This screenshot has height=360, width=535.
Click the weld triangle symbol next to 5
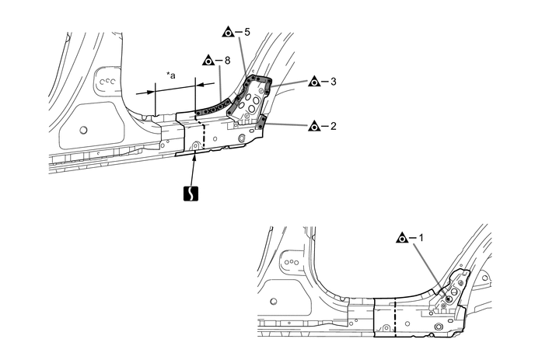(228, 33)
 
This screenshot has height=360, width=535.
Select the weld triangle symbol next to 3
(313, 81)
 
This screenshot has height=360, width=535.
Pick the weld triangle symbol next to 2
(313, 125)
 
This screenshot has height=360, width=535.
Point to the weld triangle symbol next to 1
(401, 237)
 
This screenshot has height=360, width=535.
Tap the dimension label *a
(170, 75)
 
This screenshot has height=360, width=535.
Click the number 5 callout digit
(247, 33)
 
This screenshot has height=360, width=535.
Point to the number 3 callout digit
(333, 81)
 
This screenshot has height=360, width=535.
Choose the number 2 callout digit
(333, 125)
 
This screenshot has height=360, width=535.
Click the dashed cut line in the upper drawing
(204, 132)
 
